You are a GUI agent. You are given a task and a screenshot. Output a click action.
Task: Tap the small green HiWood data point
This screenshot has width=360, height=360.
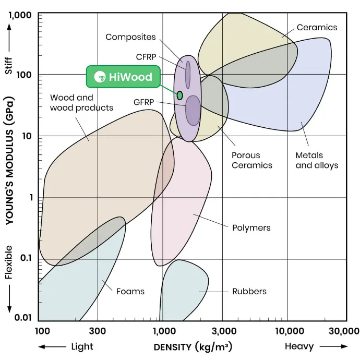[x=179, y=95]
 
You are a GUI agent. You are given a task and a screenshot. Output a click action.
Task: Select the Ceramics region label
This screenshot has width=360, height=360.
[x=317, y=27]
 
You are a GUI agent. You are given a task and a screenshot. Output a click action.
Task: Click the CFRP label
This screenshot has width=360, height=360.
[x=146, y=57]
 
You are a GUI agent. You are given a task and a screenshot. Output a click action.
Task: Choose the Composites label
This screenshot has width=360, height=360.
[x=130, y=37]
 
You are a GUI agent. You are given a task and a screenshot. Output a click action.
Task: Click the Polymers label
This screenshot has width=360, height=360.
[x=251, y=227]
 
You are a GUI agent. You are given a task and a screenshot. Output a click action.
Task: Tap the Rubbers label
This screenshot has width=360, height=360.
[x=249, y=291]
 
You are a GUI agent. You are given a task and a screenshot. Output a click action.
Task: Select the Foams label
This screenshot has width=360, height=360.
[x=130, y=291]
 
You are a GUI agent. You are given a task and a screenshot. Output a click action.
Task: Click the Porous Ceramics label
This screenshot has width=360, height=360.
[x=252, y=160]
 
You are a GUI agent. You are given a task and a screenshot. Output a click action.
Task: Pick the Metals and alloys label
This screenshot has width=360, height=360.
[x=317, y=160]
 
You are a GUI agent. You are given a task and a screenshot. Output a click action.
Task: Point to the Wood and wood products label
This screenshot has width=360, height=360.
[x=81, y=102]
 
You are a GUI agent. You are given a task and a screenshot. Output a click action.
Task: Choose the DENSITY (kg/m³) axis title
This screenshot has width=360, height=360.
[x=193, y=347]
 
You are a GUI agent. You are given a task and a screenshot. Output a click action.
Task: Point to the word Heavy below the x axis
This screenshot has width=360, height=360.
[x=299, y=346]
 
